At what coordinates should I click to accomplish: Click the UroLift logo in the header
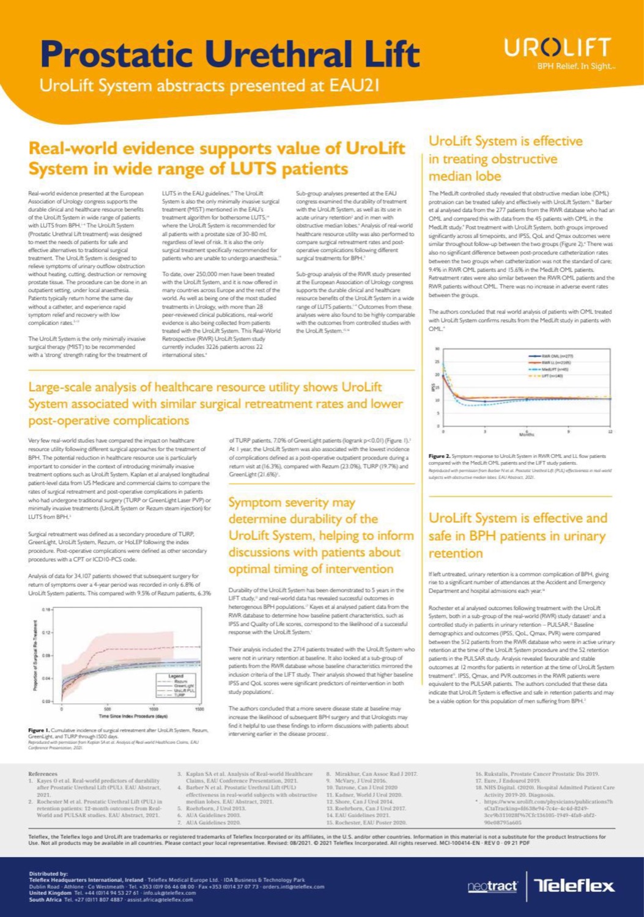[557, 47]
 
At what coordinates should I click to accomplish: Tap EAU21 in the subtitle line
[355, 85]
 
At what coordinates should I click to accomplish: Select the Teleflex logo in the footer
[575, 886]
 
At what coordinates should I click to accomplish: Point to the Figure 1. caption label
[39, 730]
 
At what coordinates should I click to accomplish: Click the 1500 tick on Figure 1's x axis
[199, 709]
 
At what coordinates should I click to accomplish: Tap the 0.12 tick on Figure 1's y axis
[46, 633]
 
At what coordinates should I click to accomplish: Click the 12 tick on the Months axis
[609, 432]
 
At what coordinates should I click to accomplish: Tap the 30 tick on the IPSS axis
[437, 349]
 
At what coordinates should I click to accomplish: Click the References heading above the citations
[43, 773]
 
